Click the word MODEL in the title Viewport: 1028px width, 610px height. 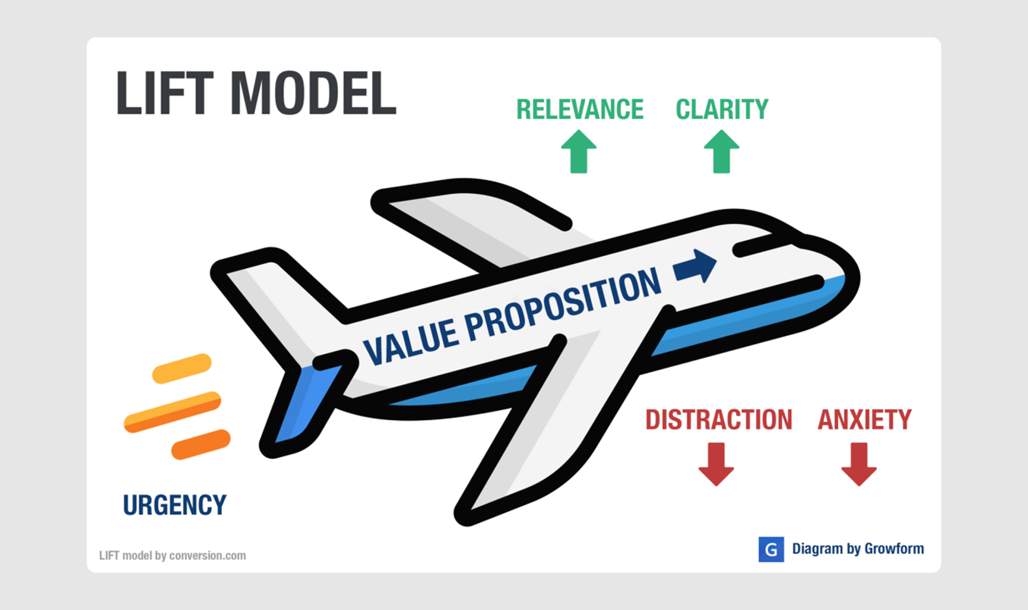tap(313, 93)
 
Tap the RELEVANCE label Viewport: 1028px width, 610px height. tap(580, 109)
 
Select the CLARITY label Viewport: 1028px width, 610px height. tap(722, 109)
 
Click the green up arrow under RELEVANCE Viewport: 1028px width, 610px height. tap(579, 152)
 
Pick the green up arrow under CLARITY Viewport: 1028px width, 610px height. tap(722, 152)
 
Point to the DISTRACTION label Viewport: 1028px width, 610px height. tap(718, 420)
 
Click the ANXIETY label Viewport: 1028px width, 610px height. tap(864, 420)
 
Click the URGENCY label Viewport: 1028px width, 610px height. tap(174, 505)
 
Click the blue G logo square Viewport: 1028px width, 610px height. tap(771, 549)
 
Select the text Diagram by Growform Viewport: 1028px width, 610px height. tap(857, 548)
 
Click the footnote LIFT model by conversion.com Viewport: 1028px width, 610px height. tap(172, 556)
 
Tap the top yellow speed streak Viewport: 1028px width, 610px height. tap(182, 368)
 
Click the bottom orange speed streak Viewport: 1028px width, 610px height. tap(201, 444)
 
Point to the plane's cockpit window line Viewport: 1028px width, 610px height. tap(762, 247)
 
